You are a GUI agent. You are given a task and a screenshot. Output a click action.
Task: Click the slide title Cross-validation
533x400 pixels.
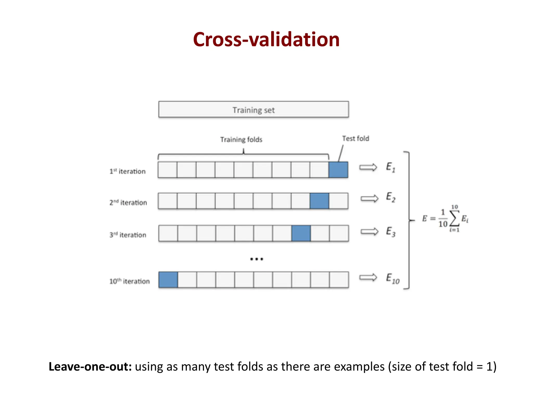pyautogui.click(x=266, y=40)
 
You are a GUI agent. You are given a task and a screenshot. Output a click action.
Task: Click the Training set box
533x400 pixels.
pyautogui.click(x=253, y=110)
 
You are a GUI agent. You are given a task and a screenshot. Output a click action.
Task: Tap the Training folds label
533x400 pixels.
pyautogui.click(x=241, y=140)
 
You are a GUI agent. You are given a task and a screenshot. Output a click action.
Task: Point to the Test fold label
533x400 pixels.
pyautogui.click(x=356, y=139)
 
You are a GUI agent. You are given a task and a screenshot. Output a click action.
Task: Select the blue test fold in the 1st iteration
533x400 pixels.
pyautogui.click(x=338, y=170)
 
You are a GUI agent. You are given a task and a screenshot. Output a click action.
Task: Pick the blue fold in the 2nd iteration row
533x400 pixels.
pyautogui.click(x=319, y=201)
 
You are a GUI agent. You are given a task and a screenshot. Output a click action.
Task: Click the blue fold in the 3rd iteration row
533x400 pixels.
pyautogui.click(x=301, y=233)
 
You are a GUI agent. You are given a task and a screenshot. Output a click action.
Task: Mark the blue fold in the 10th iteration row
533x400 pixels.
pyautogui.click(x=168, y=280)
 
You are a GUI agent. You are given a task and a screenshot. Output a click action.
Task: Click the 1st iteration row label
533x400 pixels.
pyautogui.click(x=127, y=171)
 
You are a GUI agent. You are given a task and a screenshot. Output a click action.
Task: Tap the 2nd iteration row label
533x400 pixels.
pyautogui.click(x=128, y=203)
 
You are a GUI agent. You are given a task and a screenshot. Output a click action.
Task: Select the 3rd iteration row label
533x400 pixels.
pyautogui.click(x=128, y=235)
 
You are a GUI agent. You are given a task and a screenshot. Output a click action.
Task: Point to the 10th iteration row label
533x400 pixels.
pyautogui.click(x=129, y=281)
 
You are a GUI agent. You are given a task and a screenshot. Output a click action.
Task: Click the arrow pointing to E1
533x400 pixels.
pyautogui.click(x=368, y=167)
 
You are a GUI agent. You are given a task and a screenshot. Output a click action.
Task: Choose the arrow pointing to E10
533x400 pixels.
pyautogui.click(x=368, y=278)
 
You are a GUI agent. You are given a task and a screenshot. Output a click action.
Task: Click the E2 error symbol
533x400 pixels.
pyautogui.click(x=391, y=197)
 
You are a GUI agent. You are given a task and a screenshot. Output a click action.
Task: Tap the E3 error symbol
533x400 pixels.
pyautogui.click(x=391, y=232)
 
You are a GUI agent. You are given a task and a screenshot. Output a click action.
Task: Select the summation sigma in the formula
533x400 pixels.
pyautogui.click(x=454, y=218)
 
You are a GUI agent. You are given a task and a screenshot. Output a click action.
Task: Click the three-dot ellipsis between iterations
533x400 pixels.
pyautogui.click(x=257, y=259)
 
